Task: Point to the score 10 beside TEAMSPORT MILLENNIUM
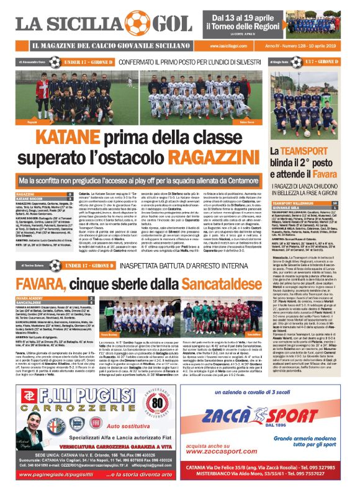tap(351, 203)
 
